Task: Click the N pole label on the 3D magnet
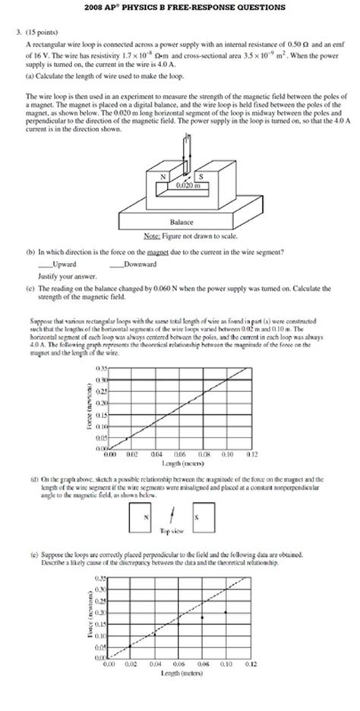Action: click(x=162, y=175)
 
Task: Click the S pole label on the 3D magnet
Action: click(x=201, y=175)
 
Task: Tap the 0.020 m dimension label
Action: click(x=182, y=185)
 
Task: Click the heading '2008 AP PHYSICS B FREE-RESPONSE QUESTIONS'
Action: click(x=180, y=8)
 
